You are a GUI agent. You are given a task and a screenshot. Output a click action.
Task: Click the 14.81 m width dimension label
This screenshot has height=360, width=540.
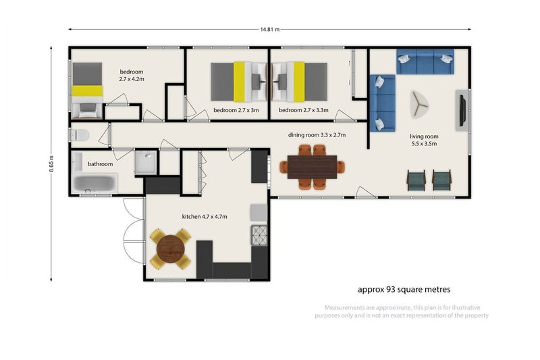(x=269, y=30)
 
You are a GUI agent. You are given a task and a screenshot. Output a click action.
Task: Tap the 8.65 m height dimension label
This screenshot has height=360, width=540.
(x=51, y=163)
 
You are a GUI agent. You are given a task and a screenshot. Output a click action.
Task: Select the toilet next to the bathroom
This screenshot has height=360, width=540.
(x=79, y=135)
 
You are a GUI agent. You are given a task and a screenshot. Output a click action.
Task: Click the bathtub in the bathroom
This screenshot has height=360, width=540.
(x=94, y=184)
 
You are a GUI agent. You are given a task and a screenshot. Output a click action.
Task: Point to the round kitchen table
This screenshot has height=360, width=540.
(x=171, y=249)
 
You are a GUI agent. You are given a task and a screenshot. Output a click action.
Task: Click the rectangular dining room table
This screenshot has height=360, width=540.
(x=312, y=167)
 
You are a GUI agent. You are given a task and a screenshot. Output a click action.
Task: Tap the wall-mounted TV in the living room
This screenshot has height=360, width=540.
(x=462, y=110)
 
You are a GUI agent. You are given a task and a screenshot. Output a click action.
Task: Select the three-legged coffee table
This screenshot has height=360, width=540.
(x=419, y=105)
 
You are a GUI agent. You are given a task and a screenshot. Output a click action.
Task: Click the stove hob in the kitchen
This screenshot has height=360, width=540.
(x=259, y=235)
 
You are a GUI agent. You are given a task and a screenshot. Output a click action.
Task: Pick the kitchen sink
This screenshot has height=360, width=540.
(x=259, y=213)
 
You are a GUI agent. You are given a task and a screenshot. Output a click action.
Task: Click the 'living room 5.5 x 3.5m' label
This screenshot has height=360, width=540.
(x=424, y=140)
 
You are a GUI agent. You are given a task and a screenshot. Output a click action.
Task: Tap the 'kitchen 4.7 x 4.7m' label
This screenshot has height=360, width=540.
(x=205, y=217)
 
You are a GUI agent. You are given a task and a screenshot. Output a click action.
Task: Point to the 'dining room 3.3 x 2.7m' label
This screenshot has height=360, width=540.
(x=317, y=135)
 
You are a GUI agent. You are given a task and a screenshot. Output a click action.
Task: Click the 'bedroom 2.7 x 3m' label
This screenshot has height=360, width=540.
(x=236, y=110)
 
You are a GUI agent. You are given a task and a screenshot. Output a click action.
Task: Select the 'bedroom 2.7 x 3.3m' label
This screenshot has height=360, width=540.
(x=303, y=110)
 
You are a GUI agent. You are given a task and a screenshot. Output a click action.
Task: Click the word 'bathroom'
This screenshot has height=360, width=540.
(x=100, y=164)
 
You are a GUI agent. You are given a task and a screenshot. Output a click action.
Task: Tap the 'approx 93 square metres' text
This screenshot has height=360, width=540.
(x=404, y=289)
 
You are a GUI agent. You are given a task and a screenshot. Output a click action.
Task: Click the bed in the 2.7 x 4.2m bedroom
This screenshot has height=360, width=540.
(x=87, y=91)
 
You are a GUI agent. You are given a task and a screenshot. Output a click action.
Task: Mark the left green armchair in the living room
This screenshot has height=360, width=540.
(x=416, y=180)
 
